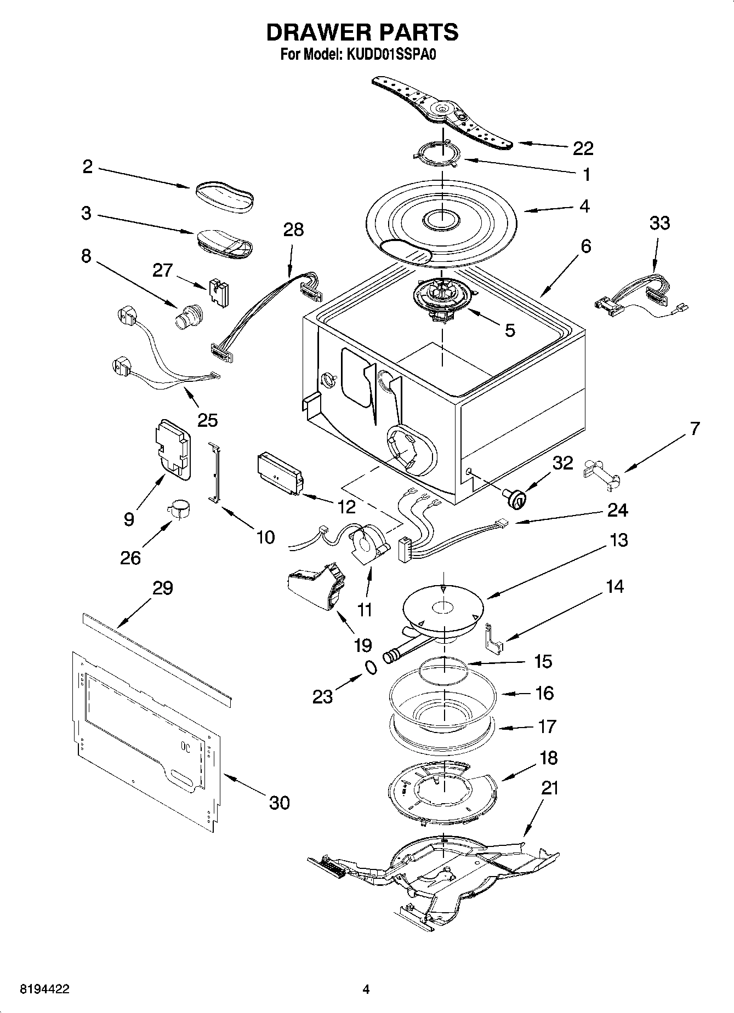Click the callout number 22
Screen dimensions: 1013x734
583,148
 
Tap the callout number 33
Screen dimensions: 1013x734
659,223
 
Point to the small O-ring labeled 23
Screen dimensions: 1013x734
371,667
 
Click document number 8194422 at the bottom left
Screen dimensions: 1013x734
44,989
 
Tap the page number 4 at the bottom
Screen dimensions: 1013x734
366,989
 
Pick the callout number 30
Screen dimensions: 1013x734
279,803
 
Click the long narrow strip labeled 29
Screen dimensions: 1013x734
157,657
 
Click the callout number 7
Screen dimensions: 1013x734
694,428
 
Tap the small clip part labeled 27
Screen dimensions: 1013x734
219,293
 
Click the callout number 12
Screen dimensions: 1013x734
346,507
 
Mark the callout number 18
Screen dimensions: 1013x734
548,758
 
